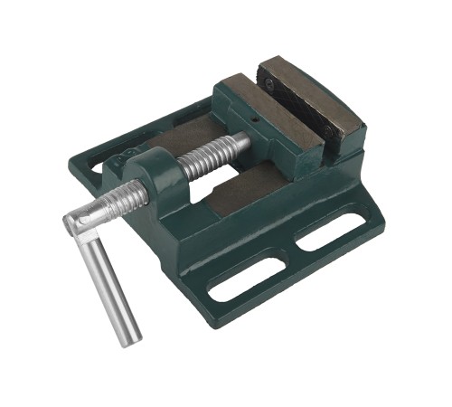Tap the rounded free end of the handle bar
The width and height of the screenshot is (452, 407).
pyautogui.click(x=127, y=337)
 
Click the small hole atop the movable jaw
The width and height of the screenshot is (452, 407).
pyautogui.click(x=257, y=118)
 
